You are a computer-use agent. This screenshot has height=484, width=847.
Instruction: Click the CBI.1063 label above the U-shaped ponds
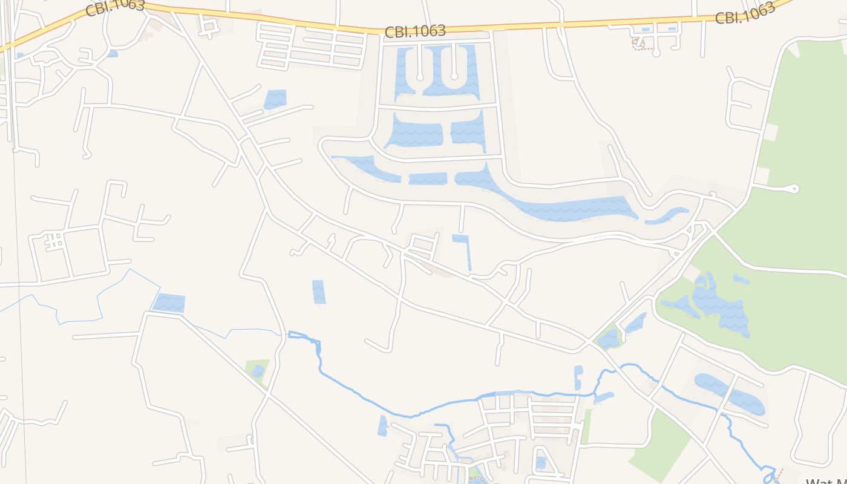pyautogui.click(x=415, y=31)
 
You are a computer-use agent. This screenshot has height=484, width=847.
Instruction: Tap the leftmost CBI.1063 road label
pyautogui.click(x=115, y=8)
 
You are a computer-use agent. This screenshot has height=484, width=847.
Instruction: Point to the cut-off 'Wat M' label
pyautogui.click(x=826, y=481)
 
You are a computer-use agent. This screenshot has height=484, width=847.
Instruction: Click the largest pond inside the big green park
pyautogui.click(x=720, y=302)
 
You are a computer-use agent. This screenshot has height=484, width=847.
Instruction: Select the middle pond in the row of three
pyautogui.click(x=428, y=178)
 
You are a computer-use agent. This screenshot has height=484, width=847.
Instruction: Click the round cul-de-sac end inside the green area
pyautogui.click(x=795, y=189)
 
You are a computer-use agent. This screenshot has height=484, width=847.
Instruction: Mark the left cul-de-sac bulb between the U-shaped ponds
pyautogui.click(x=420, y=77)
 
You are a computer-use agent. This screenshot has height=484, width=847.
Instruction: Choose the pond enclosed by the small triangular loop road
pyautogui.click(x=541, y=463)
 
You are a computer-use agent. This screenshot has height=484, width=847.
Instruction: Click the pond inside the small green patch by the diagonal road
pyautogui.click(x=258, y=370)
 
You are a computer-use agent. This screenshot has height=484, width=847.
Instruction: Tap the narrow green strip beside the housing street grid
pyautogui.click(x=586, y=426)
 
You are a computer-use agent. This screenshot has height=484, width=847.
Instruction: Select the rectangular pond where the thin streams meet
pyautogui.click(x=169, y=302)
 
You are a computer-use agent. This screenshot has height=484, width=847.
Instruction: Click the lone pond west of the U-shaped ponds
pyautogui.click(x=275, y=99)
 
